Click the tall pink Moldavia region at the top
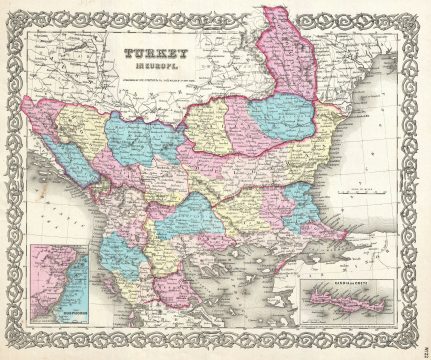click(x=289, y=60)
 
